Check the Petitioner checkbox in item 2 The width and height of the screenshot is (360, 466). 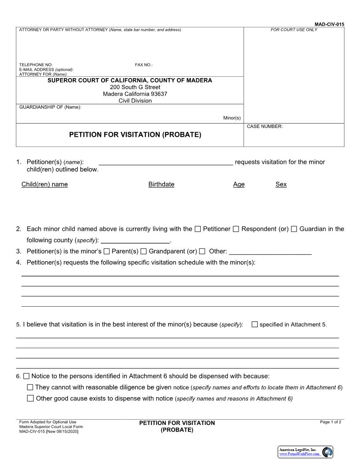pos(198,229)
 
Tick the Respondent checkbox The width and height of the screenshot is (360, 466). pos(236,229)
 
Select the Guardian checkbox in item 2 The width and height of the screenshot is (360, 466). pos(294,229)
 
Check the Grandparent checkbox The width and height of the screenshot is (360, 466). pos(143,252)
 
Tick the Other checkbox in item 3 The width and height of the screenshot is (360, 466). pos(202,252)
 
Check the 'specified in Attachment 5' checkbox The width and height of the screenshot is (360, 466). pos(255,324)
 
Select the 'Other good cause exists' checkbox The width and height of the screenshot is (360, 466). pos(30,398)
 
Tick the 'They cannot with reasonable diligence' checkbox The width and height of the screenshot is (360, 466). pos(30,387)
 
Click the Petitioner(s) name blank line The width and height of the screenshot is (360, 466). pos(166,162)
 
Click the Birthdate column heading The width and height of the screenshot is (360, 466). pos(161,184)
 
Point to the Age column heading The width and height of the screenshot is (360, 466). pos(239,184)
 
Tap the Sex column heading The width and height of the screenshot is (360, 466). pos(281,184)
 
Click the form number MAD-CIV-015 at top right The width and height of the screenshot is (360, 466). pos(329,24)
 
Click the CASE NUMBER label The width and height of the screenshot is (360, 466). pos(265,127)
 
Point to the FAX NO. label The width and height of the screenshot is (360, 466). pos(144,65)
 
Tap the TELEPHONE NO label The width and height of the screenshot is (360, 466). pos(36,65)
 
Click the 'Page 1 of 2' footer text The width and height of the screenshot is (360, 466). pos(330,422)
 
